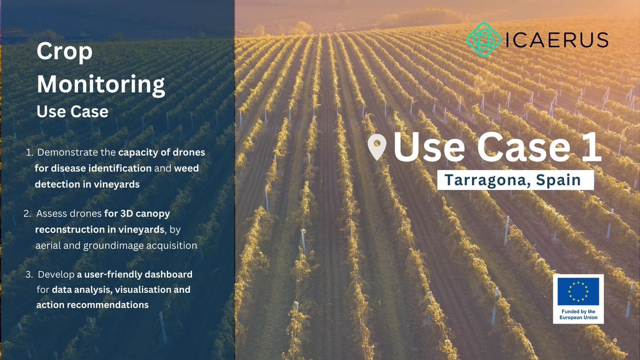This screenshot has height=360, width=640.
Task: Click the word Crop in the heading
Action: click(64, 53)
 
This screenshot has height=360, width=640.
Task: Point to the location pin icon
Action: click(378, 147)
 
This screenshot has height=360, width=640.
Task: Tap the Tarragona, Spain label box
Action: click(515, 180)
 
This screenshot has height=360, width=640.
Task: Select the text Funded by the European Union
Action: click(578, 314)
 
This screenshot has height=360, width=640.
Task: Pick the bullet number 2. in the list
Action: click(29, 214)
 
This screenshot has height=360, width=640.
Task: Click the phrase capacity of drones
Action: click(162, 153)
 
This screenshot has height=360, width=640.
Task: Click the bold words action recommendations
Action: click(92, 305)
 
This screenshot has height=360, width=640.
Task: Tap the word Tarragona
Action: click(486, 180)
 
